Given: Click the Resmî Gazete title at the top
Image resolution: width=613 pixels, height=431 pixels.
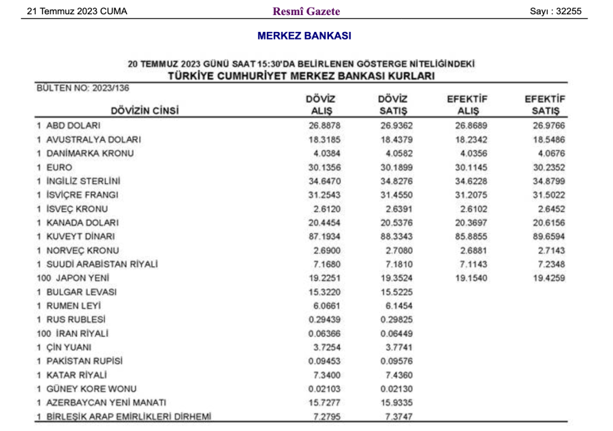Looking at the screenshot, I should [x=306, y=11].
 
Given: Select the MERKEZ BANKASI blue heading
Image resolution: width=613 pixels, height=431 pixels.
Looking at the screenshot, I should [x=304, y=35].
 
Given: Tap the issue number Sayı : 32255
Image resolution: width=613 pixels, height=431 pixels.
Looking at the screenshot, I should [x=559, y=11].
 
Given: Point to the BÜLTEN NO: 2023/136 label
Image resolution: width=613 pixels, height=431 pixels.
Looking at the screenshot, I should [x=83, y=88].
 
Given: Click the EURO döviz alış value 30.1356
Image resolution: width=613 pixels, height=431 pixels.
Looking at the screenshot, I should [x=324, y=167].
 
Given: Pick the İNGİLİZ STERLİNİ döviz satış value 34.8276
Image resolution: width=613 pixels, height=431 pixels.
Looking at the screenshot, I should [x=396, y=181].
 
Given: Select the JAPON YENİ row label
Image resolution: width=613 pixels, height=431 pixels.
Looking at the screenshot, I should [x=73, y=278].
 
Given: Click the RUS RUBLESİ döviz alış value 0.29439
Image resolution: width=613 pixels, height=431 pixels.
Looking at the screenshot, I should [x=324, y=319].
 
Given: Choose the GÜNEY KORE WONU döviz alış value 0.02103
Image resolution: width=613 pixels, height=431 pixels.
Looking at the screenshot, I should [x=324, y=389].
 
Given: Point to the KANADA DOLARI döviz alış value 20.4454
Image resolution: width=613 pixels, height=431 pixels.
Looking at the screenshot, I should [x=324, y=223].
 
